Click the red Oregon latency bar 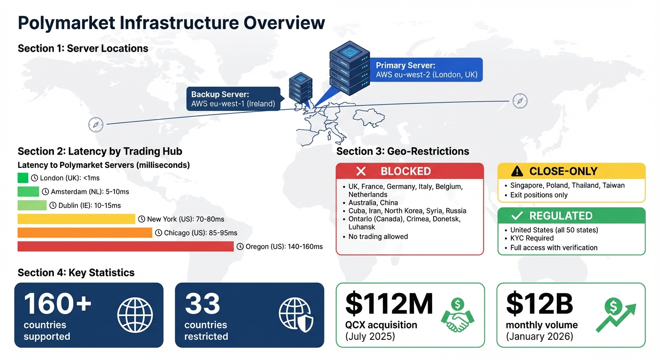125,246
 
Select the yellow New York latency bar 76,219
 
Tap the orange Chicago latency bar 84,232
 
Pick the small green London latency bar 23,178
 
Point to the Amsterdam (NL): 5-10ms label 85,192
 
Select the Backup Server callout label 233,99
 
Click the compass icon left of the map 96,125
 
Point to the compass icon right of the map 520,101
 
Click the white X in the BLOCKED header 361,171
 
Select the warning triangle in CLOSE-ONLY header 517,171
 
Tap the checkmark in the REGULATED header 517,216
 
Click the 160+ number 58,303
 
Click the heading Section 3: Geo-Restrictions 403,151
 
